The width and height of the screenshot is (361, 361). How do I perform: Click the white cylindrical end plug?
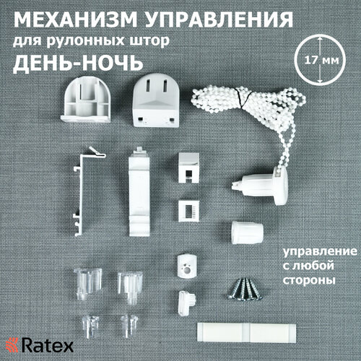[246, 233]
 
